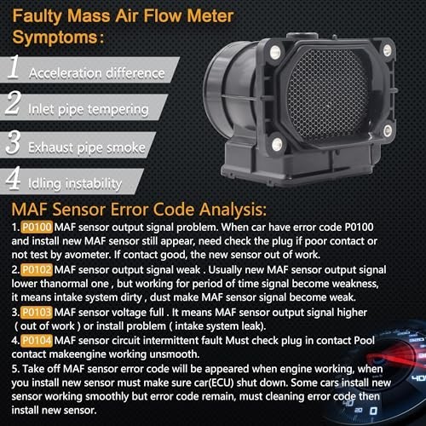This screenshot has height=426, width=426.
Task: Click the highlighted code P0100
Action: point(37,227)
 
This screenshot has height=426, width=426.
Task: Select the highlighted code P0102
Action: point(37,270)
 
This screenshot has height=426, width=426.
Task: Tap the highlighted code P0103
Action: point(37,313)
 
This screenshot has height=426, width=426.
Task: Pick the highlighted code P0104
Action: point(37,341)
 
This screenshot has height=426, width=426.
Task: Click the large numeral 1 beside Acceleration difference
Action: point(14,67)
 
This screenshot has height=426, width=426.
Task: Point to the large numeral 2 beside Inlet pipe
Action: point(13,102)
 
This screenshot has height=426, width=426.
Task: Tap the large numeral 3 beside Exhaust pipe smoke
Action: point(13,142)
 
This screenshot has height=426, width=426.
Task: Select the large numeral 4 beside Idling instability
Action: point(13,178)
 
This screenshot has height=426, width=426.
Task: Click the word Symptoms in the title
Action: point(55,37)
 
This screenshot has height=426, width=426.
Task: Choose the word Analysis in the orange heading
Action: point(233,210)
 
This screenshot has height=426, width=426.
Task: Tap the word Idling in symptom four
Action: point(44,184)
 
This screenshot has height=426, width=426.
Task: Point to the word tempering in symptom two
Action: point(118,110)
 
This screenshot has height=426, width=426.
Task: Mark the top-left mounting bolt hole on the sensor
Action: point(275,52)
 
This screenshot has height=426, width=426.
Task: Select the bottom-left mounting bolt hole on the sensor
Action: point(277,145)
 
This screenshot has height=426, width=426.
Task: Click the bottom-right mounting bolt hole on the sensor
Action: point(388,131)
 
